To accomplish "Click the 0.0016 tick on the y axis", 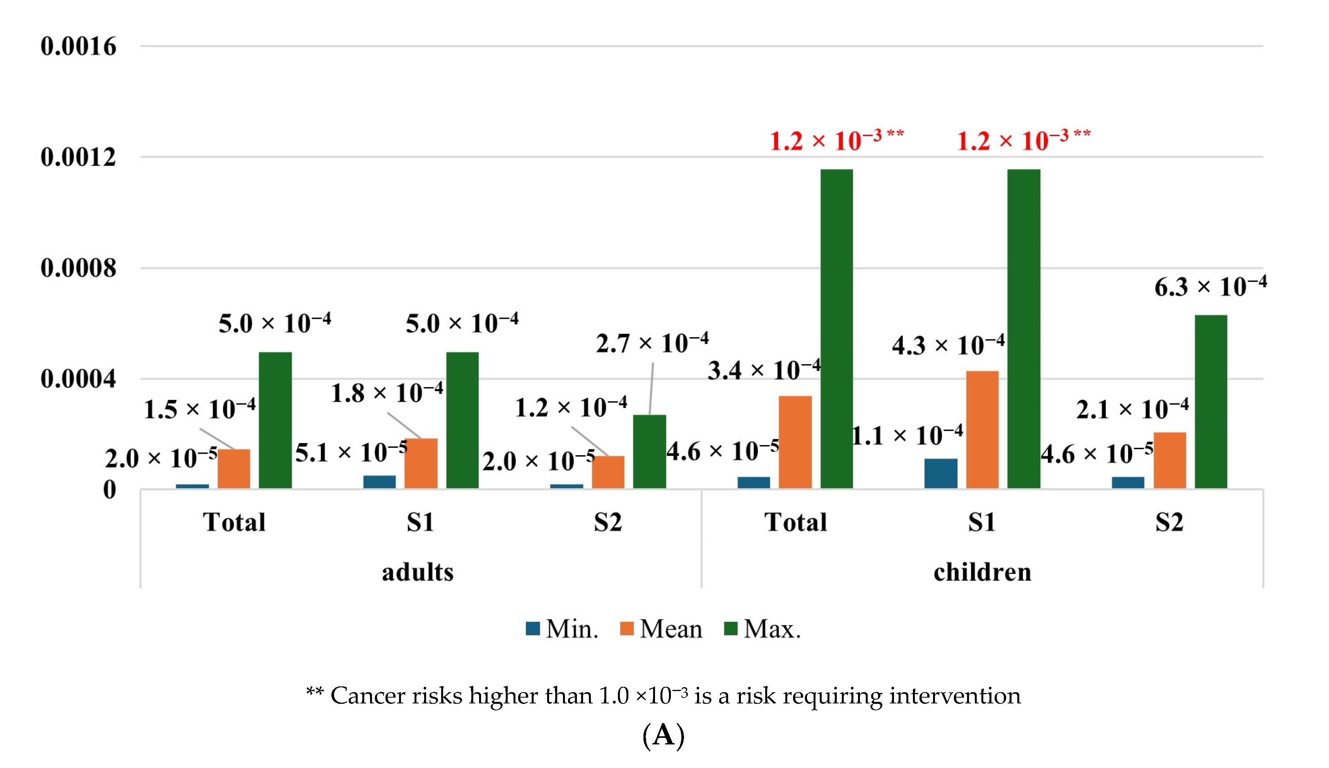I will (x=78, y=46).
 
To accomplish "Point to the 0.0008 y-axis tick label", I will (x=78, y=268).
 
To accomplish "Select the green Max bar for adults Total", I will (x=275, y=420).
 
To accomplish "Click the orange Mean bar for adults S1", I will (x=421, y=463).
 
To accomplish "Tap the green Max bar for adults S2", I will (x=649, y=452).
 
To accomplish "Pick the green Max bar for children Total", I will (x=836, y=329).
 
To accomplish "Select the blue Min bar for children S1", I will (x=941, y=473).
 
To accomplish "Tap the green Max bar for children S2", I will (x=1211, y=401).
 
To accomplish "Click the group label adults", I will (x=418, y=572).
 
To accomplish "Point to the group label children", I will (x=982, y=572).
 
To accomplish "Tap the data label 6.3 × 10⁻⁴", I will (x=1210, y=287).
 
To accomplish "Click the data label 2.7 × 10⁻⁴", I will (x=652, y=343).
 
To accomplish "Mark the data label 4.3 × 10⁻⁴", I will (x=948, y=345).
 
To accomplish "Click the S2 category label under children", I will (x=1169, y=522).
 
